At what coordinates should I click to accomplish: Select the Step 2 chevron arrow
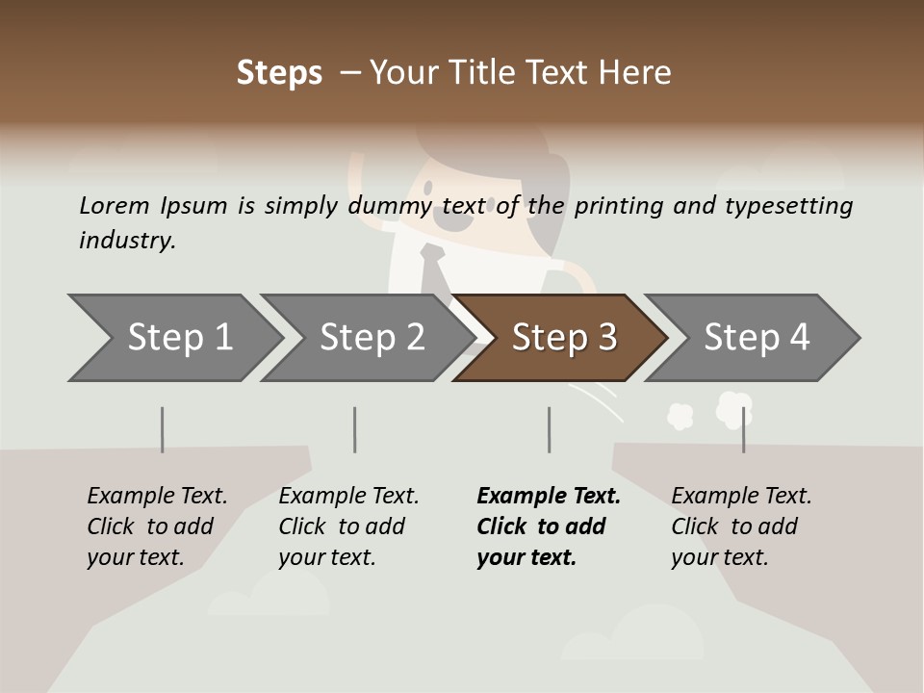(x=370, y=338)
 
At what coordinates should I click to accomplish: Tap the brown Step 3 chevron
(x=562, y=338)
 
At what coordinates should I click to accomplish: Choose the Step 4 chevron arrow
(x=755, y=338)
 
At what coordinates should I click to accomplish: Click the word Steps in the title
(x=279, y=73)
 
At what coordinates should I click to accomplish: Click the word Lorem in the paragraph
(x=114, y=205)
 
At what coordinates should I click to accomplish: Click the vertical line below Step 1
(x=162, y=429)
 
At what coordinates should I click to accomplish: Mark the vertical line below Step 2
(x=355, y=429)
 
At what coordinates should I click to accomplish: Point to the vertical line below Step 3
(x=549, y=429)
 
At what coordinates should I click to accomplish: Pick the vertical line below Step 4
(x=743, y=429)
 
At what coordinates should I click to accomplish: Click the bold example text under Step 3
(x=548, y=526)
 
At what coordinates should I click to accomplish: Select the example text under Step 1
(x=156, y=526)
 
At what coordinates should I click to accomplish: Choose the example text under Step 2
(x=347, y=526)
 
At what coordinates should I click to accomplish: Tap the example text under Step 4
(x=740, y=526)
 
